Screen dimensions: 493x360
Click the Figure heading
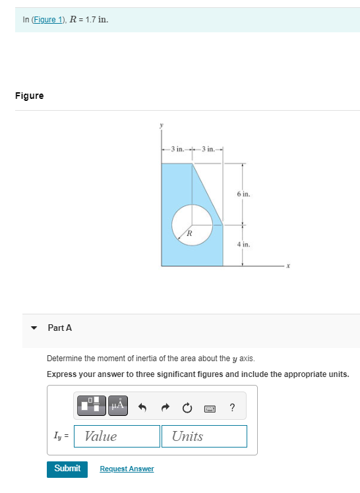coord(30,96)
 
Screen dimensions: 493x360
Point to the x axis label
coord(288,266)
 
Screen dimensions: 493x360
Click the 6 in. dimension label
coord(243,194)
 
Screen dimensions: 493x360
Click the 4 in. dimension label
coord(243,244)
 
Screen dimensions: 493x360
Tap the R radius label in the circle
coord(189,233)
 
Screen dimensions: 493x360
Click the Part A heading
coord(60,328)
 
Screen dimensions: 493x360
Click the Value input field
coord(117,436)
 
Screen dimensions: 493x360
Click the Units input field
coord(204,436)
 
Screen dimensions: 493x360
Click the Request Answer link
coord(127,469)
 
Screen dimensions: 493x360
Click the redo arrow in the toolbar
coord(164,407)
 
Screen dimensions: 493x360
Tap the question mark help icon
coord(232,407)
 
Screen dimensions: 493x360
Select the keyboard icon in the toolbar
coord(210,407)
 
